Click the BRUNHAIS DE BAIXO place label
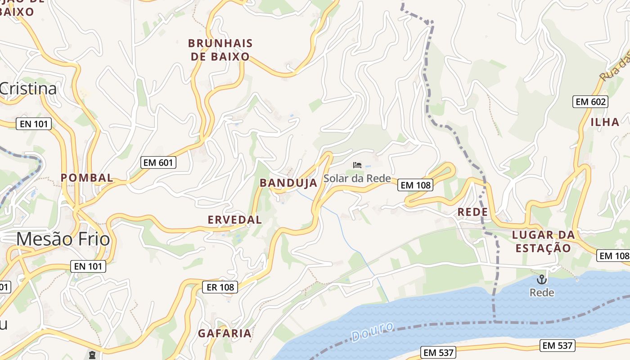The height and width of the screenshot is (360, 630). pyautogui.click(x=220, y=50)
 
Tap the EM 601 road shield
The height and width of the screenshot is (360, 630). pyautogui.click(x=158, y=162)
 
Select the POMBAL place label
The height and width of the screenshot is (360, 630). pyautogui.click(x=87, y=178)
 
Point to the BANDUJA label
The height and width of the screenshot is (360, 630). pyautogui.click(x=288, y=183)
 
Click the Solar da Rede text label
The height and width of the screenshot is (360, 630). pyautogui.click(x=357, y=178)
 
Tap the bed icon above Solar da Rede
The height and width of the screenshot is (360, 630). pyautogui.click(x=357, y=165)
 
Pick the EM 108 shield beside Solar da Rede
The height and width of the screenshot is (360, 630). pyautogui.click(x=415, y=184)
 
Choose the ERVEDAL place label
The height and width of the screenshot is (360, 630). pyautogui.click(x=234, y=220)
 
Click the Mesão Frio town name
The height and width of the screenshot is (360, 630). pyautogui.click(x=63, y=239)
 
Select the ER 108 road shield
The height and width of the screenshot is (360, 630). pyautogui.click(x=220, y=287)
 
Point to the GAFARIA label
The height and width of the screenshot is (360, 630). pyautogui.click(x=225, y=333)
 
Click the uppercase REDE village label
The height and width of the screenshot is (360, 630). pyautogui.click(x=472, y=212)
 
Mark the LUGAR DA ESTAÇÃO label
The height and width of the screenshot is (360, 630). pyautogui.click(x=543, y=241)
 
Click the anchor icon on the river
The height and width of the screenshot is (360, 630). pyautogui.click(x=542, y=279)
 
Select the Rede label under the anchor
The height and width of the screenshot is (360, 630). pyautogui.click(x=542, y=292)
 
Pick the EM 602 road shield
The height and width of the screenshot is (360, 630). pyautogui.click(x=590, y=102)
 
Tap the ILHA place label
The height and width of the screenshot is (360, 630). pyautogui.click(x=605, y=122)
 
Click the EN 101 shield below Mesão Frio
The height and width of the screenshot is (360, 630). pyautogui.click(x=88, y=266)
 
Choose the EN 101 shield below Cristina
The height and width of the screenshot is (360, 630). pyautogui.click(x=34, y=124)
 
